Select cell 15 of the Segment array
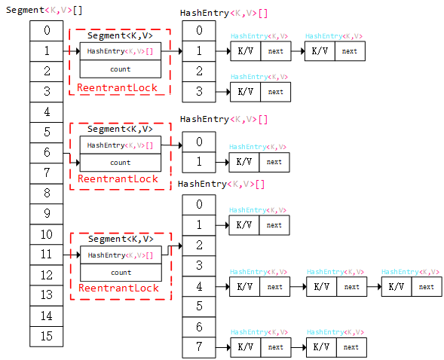coord(47,336)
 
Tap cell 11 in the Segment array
coord(47,255)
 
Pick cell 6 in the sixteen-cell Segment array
coord(47,152)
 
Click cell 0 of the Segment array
coord(47,30)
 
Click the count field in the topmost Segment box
coord(121,69)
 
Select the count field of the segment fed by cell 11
coord(121,273)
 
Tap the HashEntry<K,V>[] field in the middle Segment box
coord(121,145)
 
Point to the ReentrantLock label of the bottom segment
coord(119,288)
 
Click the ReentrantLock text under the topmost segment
coord(118,88)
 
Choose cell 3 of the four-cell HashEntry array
coord(198,92)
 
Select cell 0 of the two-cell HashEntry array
coord(198,142)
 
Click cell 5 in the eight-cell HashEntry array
coord(199,307)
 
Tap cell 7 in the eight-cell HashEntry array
coord(199,347)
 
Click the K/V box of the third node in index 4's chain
coord(396,287)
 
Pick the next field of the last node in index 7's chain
coord(351,347)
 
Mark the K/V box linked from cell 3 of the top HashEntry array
coord(245,92)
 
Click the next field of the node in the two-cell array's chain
coord(274,162)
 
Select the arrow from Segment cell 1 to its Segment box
coord(71,51)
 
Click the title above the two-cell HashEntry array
coord(224,119)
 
